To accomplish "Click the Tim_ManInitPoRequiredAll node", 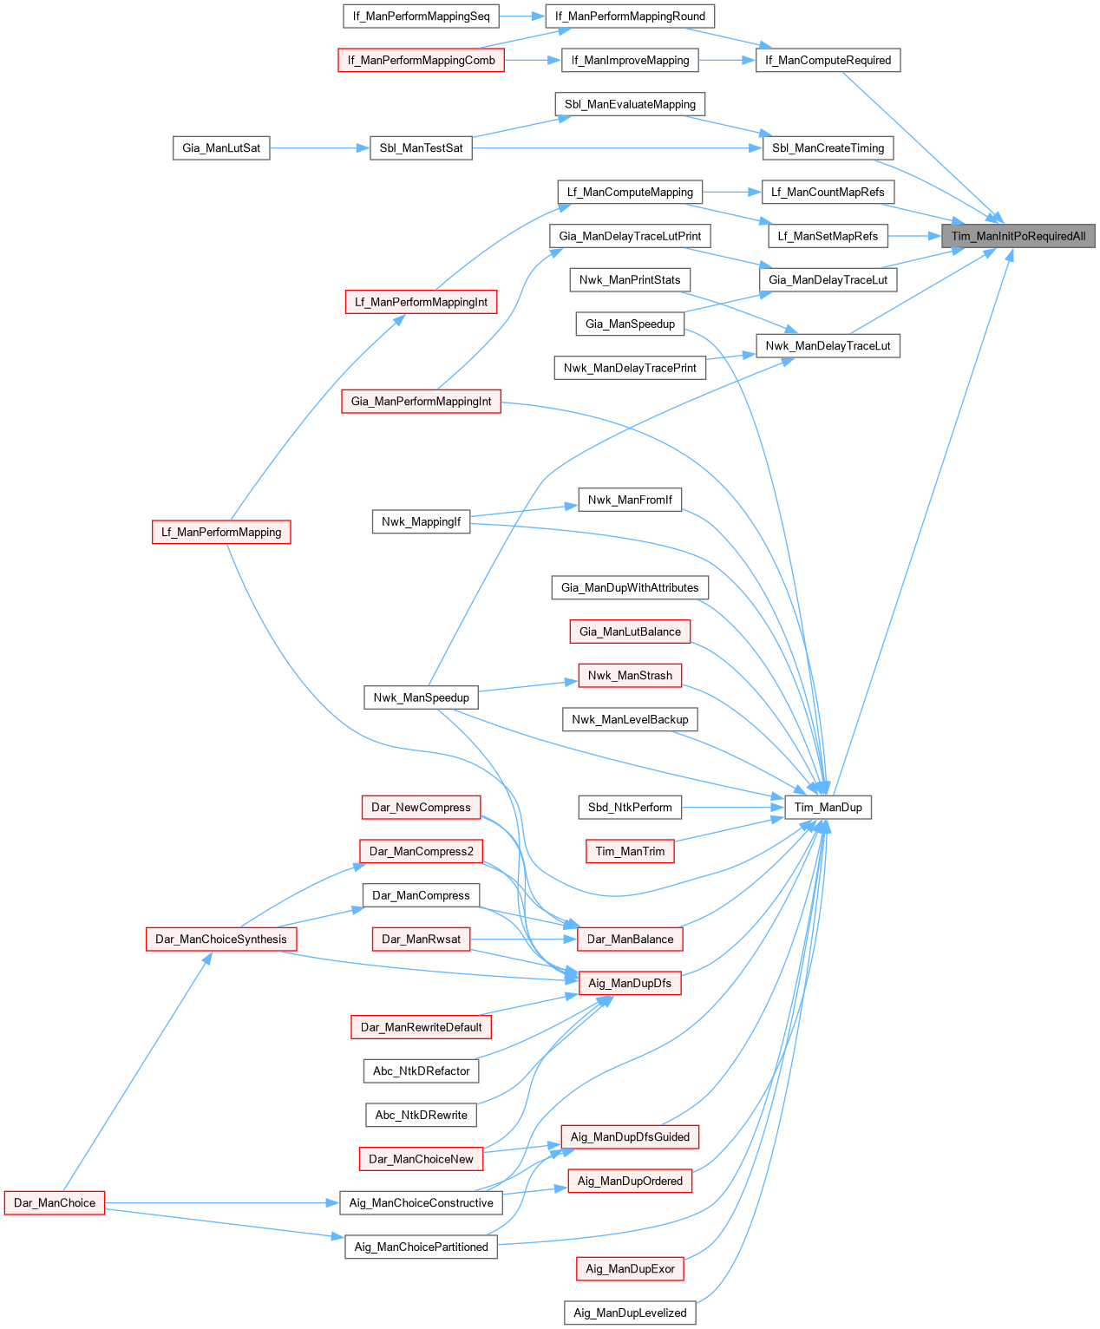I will point(1018,236).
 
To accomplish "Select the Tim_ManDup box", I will point(828,808).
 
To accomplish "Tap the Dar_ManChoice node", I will point(55,1203).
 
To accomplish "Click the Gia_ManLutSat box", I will point(221,148).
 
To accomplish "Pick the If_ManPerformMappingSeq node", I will point(421,16).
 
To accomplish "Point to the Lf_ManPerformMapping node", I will point(221,532).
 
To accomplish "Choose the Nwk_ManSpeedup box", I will point(421,697).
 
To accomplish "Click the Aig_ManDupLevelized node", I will point(630,1313).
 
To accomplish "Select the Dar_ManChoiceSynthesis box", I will point(221,939).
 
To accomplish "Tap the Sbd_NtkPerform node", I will point(630,808).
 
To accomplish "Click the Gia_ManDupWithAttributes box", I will point(630,588).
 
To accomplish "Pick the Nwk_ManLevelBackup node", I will point(630,720).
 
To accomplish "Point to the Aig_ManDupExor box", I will point(630,1269).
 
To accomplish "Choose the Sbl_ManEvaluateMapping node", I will point(630,105).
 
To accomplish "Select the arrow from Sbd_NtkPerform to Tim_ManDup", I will point(733,808).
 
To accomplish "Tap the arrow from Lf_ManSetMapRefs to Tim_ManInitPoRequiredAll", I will point(914,236).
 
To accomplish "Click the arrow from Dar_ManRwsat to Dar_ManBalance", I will point(524,939).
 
